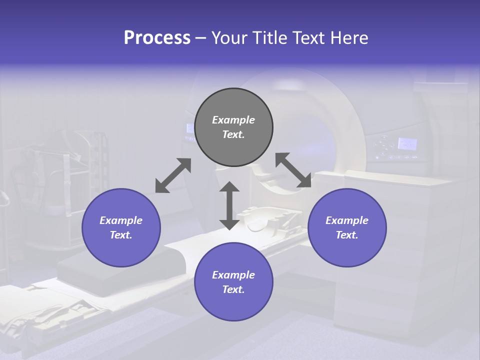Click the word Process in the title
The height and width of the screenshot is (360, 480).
pyautogui.click(x=157, y=38)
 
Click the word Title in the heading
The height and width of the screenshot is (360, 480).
pyautogui.click(x=270, y=38)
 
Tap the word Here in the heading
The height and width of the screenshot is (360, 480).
pyautogui.click(x=348, y=38)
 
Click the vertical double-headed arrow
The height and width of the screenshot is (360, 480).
pyautogui.click(x=229, y=205)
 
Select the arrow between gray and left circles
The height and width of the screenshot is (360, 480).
pyautogui.click(x=173, y=175)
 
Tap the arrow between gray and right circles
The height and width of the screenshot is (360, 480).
pyautogui.click(x=293, y=170)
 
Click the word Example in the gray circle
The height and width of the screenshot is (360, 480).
pyautogui.click(x=233, y=120)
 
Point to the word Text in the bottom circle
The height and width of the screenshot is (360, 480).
pyautogui.click(x=232, y=289)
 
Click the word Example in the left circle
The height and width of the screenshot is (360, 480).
pyautogui.click(x=121, y=220)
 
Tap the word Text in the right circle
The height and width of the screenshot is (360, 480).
pyautogui.click(x=346, y=235)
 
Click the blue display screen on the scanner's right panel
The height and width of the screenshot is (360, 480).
pyautogui.click(x=407, y=144)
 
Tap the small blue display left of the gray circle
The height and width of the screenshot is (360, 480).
pyautogui.click(x=190, y=128)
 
